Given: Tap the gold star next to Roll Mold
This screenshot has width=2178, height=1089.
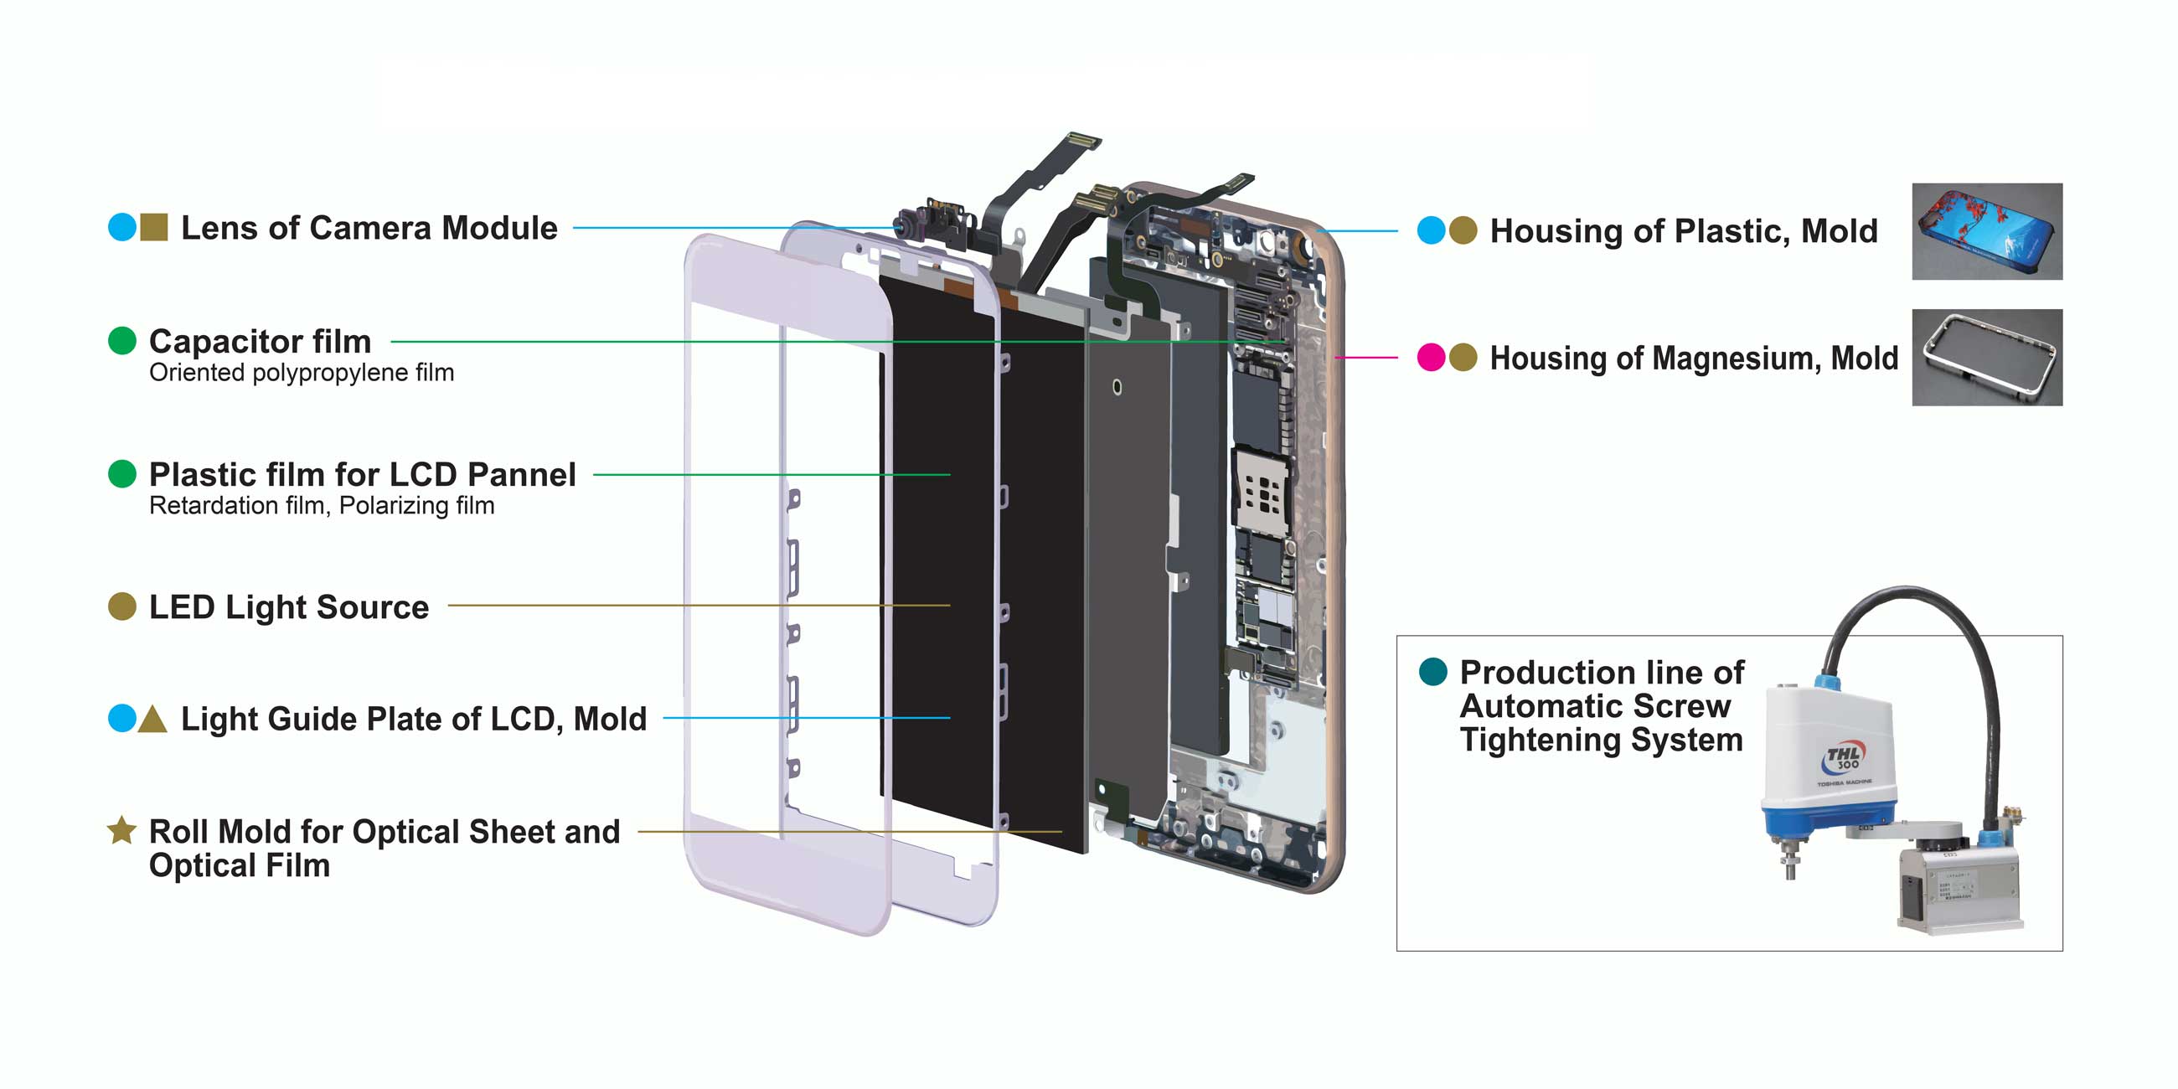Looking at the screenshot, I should (x=121, y=830).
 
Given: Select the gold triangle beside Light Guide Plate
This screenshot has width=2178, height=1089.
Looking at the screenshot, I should (x=152, y=719).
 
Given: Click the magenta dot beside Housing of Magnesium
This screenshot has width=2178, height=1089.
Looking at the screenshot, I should (x=1431, y=358).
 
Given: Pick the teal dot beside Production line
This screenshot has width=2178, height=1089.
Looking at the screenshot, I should (x=1432, y=671).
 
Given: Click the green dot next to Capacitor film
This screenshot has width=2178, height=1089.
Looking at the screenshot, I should (x=122, y=341).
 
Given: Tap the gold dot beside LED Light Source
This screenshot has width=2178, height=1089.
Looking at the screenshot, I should (x=122, y=606).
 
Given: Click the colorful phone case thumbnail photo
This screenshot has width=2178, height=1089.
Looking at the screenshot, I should (x=1986, y=231).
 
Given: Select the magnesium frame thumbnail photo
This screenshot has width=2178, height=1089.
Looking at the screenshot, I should (x=1986, y=357).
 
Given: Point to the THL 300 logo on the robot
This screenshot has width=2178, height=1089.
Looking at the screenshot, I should (x=1843, y=756).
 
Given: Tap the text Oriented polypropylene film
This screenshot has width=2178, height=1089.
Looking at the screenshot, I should (x=301, y=373).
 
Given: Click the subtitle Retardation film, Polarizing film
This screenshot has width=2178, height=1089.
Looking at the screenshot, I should (x=322, y=506).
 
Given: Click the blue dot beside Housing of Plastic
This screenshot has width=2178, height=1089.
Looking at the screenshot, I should (x=1431, y=230).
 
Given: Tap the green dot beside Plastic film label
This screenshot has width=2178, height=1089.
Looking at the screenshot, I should (x=122, y=473).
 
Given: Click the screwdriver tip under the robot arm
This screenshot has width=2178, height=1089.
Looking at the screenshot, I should (x=1790, y=871).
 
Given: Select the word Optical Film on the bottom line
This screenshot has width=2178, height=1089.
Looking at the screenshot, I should (x=240, y=866).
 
